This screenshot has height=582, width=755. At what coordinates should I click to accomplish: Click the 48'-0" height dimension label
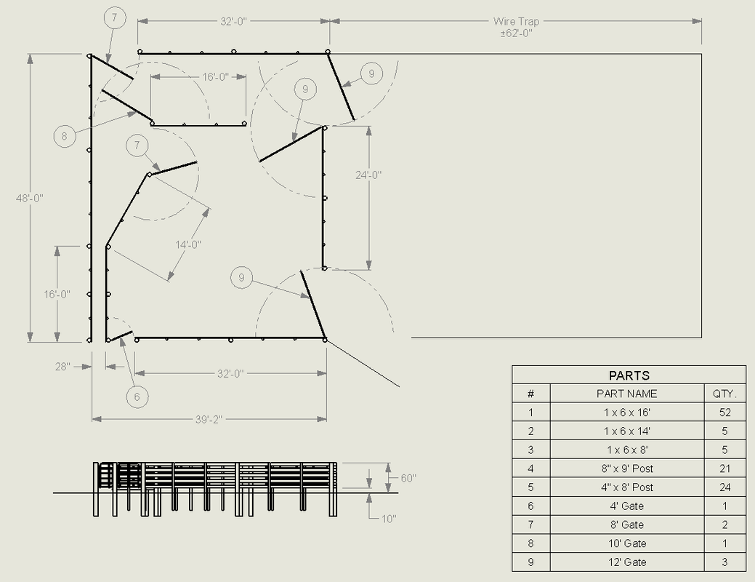[30, 198]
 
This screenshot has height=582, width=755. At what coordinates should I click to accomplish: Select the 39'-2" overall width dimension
[209, 420]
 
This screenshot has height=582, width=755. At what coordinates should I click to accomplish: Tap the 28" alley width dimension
[62, 367]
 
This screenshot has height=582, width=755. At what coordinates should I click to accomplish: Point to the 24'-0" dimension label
[368, 175]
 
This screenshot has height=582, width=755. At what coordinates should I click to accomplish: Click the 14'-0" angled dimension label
[187, 244]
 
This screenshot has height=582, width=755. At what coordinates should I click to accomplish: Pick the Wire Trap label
[516, 21]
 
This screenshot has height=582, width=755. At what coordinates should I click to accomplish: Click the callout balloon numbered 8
[65, 136]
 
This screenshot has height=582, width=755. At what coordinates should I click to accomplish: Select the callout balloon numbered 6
[137, 396]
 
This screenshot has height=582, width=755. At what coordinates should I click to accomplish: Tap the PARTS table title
[629, 375]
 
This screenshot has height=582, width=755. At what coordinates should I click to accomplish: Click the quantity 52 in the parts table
[724, 412]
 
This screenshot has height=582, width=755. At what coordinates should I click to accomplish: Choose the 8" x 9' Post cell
[627, 469]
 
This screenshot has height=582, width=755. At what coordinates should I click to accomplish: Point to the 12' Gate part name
[627, 562]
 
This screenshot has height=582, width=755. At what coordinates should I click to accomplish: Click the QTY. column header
[724, 394]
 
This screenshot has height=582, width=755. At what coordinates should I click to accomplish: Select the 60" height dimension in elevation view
[408, 478]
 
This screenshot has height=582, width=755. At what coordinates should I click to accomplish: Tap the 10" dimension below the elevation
[389, 519]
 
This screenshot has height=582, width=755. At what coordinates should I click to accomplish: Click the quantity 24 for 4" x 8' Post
[724, 487]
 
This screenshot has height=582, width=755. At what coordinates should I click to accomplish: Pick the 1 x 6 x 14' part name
[627, 431]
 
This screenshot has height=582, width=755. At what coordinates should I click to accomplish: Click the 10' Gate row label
[627, 543]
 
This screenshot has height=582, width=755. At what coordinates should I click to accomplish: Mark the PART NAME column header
[627, 394]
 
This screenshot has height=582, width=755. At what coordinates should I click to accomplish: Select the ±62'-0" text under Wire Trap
[516, 33]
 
